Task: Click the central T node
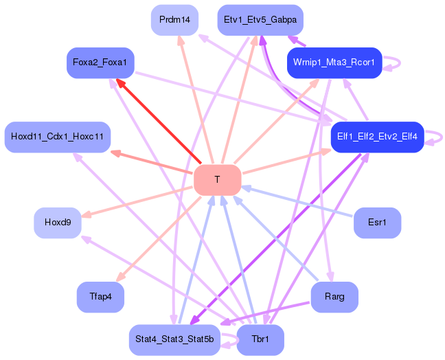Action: [x=218, y=180]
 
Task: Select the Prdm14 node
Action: [x=174, y=20]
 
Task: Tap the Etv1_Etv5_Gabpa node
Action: [x=260, y=20]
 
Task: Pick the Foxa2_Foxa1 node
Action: [x=100, y=63]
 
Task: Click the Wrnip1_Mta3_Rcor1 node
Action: [x=334, y=63]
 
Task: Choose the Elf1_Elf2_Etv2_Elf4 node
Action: [x=377, y=137]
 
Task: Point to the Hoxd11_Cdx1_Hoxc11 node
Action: [x=58, y=137]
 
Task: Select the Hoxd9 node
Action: [x=58, y=223]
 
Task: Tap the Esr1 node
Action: [x=377, y=223]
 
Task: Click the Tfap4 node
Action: [x=100, y=297]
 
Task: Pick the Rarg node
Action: [x=334, y=297]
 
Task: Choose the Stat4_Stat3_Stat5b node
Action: [x=174, y=340]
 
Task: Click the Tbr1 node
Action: [x=260, y=340]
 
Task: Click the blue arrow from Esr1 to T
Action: [x=297, y=202]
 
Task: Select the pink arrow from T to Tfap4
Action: [x=159, y=239]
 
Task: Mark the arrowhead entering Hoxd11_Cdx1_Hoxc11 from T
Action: [x=115, y=154]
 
